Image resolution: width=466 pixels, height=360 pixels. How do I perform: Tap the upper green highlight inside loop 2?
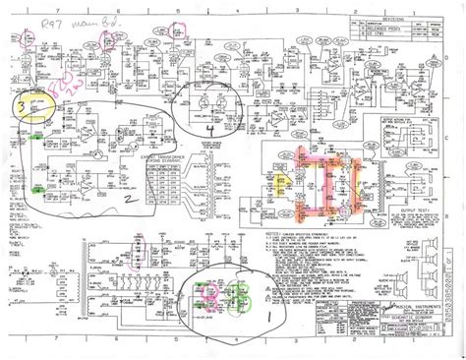tap(38, 137)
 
